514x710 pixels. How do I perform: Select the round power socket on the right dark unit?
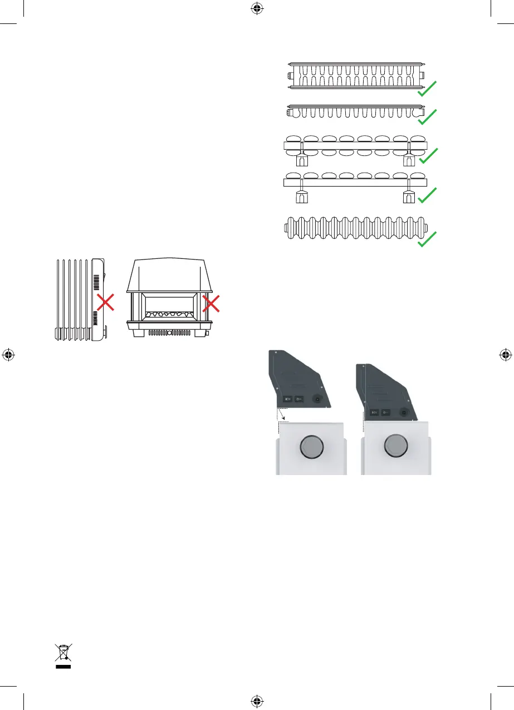tap(402, 413)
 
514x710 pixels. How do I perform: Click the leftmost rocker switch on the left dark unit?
tap(288, 399)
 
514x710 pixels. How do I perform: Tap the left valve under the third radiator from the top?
tap(301, 160)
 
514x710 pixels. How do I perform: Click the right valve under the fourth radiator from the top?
tap(409, 197)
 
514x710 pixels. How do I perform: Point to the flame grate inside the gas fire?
tap(169, 315)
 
